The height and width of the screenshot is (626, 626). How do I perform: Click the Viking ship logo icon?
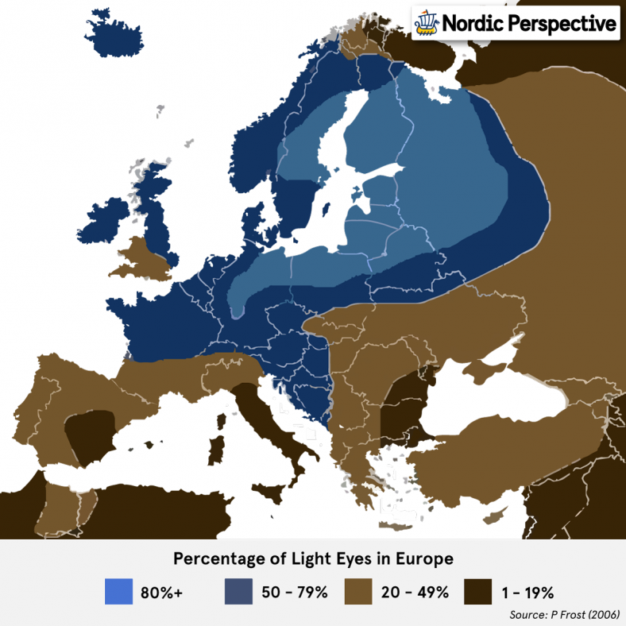[x=427, y=23]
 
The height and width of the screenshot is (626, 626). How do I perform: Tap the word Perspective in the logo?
[x=561, y=24]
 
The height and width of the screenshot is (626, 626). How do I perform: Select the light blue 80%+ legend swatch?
[x=118, y=591]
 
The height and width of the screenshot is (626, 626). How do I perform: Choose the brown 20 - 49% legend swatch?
[x=358, y=591]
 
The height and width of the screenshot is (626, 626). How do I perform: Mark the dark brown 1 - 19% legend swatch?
[x=478, y=591]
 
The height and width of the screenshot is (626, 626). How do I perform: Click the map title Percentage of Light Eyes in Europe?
[x=313, y=558]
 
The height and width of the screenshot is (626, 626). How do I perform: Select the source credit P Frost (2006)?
[x=565, y=615]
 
